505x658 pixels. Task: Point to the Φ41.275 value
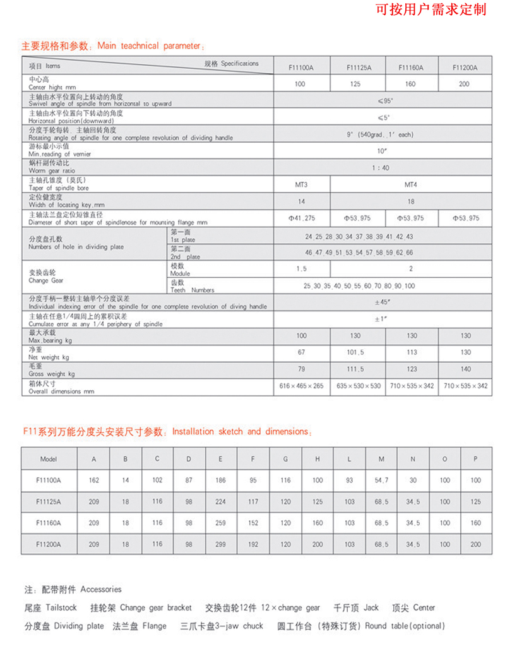302,218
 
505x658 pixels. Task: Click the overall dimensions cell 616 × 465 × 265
301,385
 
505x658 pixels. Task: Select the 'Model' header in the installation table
49,459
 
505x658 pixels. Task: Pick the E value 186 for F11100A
220,481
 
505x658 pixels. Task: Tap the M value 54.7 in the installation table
381,481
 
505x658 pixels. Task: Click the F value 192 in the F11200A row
253,544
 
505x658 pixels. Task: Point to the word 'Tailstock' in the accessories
61,607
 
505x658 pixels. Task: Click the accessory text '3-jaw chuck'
224,626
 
